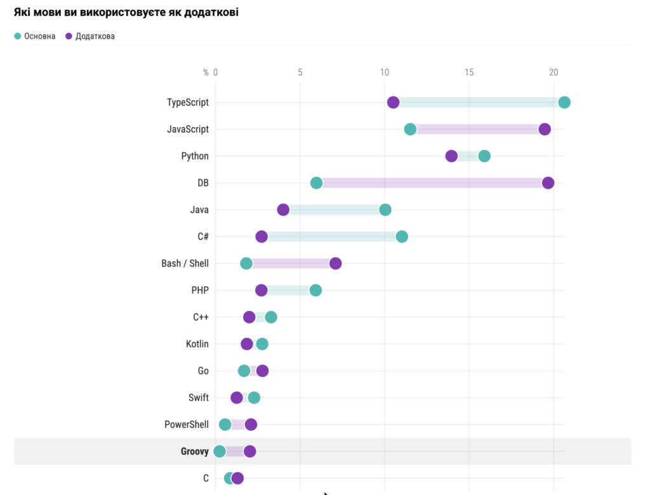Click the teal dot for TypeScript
coord(564,103)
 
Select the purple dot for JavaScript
coord(544,129)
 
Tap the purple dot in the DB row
coord(548,183)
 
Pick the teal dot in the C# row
coord(401,237)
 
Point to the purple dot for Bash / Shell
coord(335,263)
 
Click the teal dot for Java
coord(385,210)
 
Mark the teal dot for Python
coord(484,156)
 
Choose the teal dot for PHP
coord(315,290)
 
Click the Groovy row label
coord(194,452)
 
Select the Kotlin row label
coord(197,344)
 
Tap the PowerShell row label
coord(186,425)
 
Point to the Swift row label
coord(198,398)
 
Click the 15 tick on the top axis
coord(468,72)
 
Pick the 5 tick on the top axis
coord(300,72)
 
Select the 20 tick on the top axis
coord(554,72)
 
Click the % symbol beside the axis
coord(206,72)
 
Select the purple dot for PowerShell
coord(251,425)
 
